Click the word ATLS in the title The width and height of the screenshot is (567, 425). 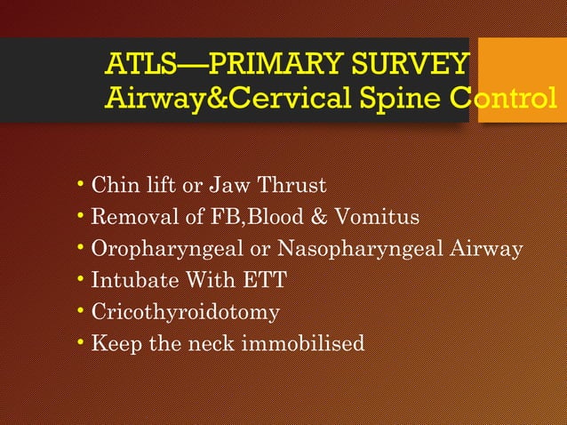pos(138,66)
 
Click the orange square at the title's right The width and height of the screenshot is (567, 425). pos(523,79)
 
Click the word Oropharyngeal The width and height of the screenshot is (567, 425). pos(163,249)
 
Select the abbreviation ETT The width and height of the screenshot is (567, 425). pos(265,281)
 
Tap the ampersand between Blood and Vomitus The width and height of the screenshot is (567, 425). pos(329,217)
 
